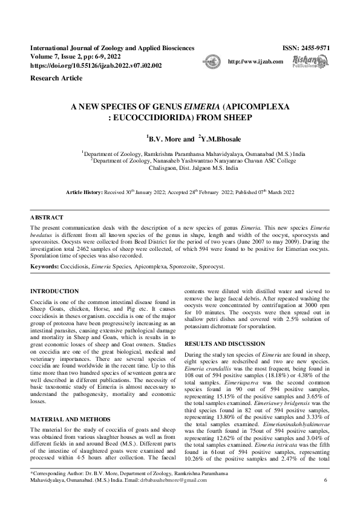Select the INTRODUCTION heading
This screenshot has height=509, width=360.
(x=55, y=291)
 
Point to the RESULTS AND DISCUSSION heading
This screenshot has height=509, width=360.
(x=224, y=343)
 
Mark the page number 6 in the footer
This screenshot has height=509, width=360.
(x=326, y=497)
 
